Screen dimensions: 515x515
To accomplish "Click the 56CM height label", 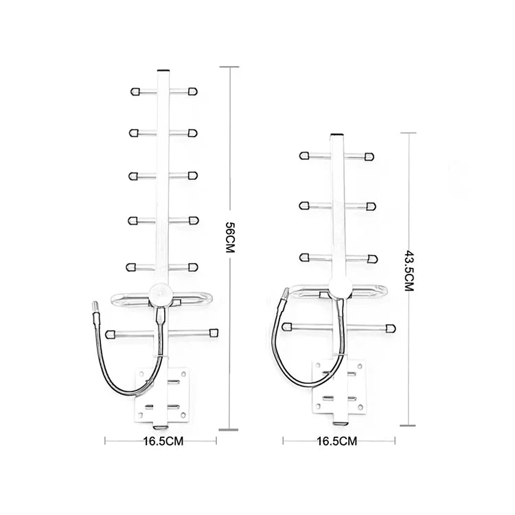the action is click(x=230, y=238).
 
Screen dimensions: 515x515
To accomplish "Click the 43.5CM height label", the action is click(x=409, y=271).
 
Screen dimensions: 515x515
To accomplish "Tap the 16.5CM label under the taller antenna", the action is click(x=163, y=441).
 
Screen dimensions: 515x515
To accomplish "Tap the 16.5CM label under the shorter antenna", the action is click(x=336, y=441).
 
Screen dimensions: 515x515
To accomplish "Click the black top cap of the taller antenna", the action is click(x=163, y=70).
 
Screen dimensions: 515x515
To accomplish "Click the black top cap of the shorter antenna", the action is click(x=336, y=135).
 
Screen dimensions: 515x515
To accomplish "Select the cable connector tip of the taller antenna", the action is click(x=95, y=307).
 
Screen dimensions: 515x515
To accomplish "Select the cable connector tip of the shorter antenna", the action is click(x=286, y=292).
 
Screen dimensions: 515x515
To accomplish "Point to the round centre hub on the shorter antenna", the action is click(x=341, y=286).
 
